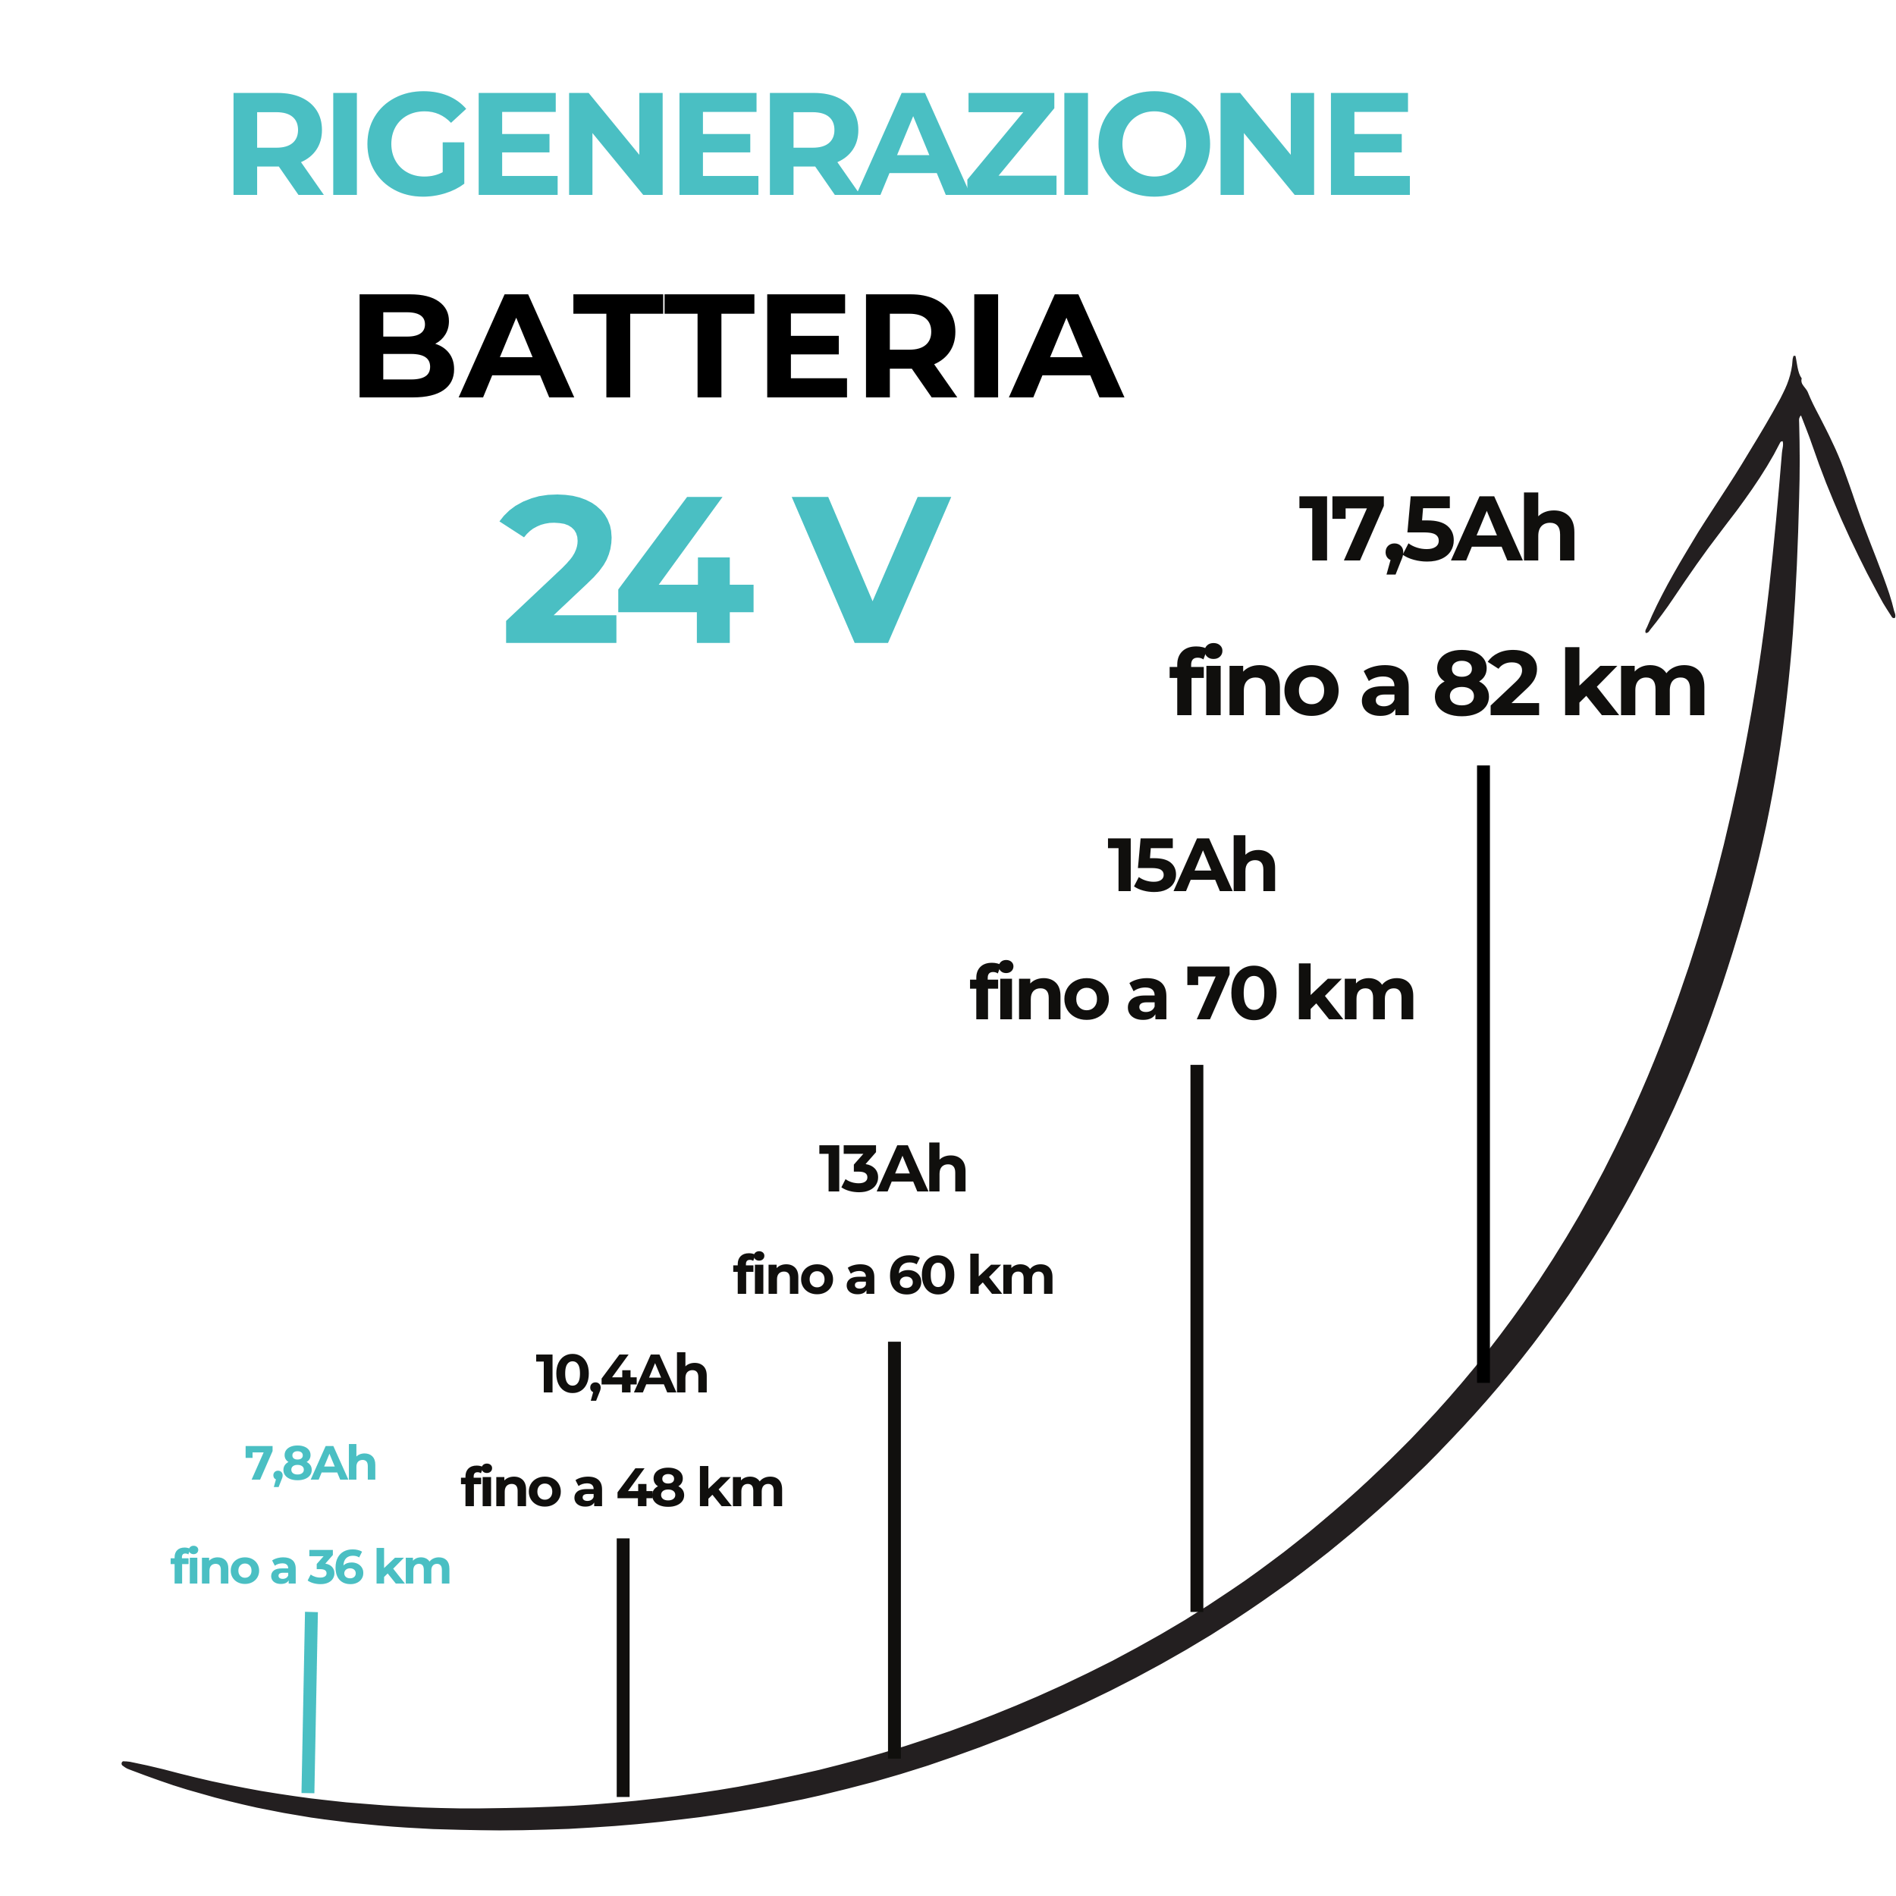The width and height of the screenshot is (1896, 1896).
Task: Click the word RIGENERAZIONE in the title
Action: point(821,143)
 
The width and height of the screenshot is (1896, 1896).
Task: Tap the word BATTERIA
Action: point(740,345)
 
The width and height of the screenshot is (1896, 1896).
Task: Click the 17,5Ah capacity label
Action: point(1438,532)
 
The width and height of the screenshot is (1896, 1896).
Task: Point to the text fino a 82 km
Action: point(1438,682)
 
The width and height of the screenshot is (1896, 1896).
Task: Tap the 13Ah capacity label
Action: point(893,1169)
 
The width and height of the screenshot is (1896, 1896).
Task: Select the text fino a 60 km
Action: point(893,1275)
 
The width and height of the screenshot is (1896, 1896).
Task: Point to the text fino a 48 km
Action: point(622,1488)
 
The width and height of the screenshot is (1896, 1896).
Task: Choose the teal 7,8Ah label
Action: point(310,1464)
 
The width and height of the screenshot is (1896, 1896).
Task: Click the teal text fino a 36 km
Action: point(310,1568)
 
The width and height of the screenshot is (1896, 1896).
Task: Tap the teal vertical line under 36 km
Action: point(310,1703)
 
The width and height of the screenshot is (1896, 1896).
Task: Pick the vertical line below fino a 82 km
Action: point(1483,1075)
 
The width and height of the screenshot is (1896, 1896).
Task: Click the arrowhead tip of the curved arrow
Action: point(1794,358)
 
